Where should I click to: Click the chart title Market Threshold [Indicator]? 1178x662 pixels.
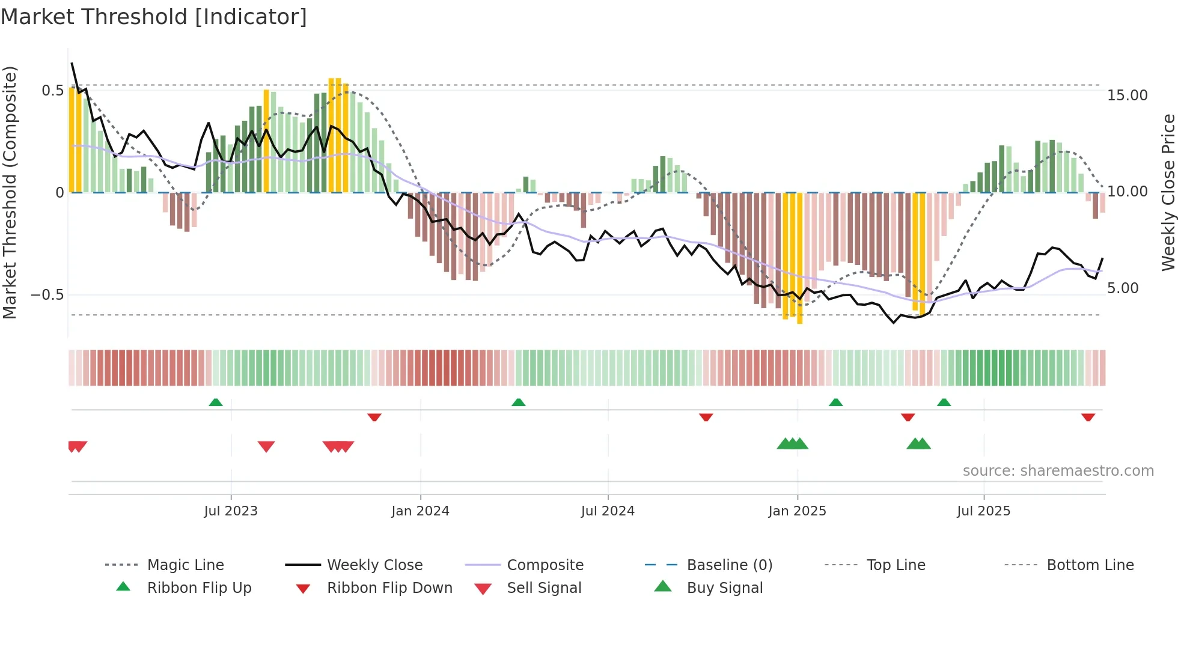[154, 17]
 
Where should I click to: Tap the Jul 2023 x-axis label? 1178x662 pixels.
[231, 511]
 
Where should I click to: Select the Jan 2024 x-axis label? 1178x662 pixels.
[420, 511]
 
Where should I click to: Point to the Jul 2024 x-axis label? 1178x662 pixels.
[608, 511]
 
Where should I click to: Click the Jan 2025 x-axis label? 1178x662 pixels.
[797, 511]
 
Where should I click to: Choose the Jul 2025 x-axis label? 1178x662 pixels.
[984, 511]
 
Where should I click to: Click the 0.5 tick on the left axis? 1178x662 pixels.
[53, 91]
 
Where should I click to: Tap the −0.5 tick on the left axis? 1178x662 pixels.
[47, 295]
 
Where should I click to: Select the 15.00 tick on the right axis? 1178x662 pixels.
[1128, 96]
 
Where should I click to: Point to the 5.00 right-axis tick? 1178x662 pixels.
[1123, 288]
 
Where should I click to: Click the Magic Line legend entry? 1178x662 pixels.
[185, 565]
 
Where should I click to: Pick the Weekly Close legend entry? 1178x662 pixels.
[374, 565]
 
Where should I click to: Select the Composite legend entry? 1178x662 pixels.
[545, 565]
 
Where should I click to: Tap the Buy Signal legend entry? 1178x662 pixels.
[725, 588]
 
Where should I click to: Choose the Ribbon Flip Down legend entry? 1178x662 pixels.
[389, 588]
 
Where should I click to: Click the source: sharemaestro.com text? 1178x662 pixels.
[1058, 471]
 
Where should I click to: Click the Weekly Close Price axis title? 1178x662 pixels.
[1168, 192]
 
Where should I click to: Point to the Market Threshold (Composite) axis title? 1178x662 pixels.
[10, 192]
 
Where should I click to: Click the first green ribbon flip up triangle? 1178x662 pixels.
[216, 402]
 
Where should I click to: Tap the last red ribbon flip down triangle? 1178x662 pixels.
[1088, 417]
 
